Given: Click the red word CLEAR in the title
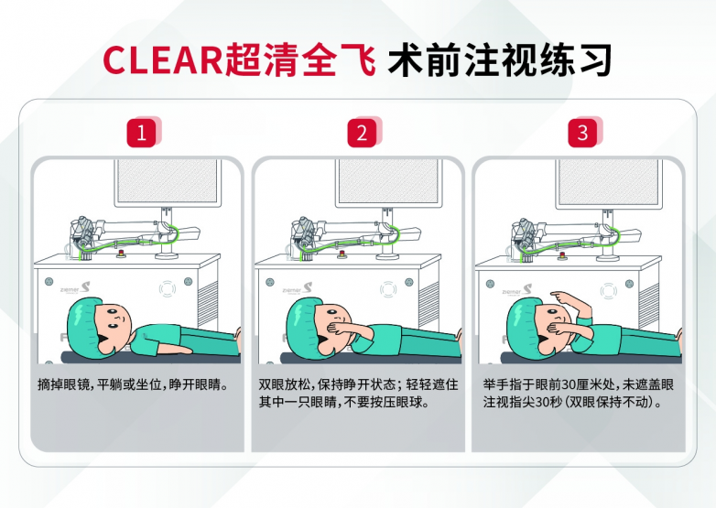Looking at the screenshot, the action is click(162, 59).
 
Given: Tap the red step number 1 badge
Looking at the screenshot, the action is click(142, 133).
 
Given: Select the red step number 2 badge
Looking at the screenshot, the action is click(362, 133).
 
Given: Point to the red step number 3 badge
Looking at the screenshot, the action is click(582, 133).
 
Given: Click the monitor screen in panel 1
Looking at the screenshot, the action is click(168, 181).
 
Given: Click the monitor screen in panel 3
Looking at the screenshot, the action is click(609, 182).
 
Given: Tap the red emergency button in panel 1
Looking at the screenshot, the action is click(122, 254).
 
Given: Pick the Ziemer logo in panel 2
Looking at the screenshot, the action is click(297, 288).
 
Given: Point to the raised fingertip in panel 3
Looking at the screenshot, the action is click(551, 295).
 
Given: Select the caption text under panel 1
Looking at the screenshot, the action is click(133, 384).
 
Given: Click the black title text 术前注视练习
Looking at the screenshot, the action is click(500, 59).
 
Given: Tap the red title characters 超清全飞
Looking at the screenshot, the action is click(299, 59).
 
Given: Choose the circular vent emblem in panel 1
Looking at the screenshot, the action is click(168, 289).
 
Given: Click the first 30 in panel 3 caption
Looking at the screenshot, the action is click(568, 384).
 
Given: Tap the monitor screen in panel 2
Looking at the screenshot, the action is click(388, 182).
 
